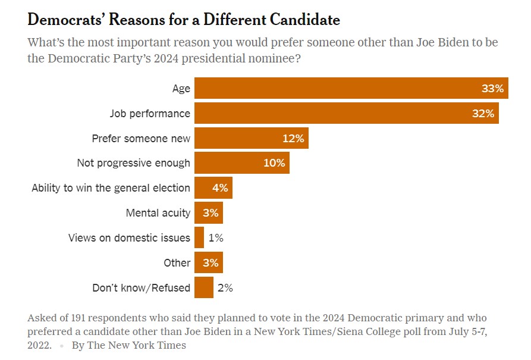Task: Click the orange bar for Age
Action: click(351, 88)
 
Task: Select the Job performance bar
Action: click(346, 113)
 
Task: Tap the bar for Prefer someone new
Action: click(251, 138)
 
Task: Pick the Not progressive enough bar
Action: click(241, 163)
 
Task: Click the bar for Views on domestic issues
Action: click(199, 238)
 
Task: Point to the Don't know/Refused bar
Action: click(204, 288)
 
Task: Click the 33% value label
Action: click(493, 89)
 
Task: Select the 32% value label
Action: click(483, 114)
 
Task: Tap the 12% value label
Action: click(293, 139)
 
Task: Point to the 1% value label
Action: click(216, 238)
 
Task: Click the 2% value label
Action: click(225, 288)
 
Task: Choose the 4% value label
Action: click(220, 188)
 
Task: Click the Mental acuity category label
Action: click(158, 213)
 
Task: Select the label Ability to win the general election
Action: click(111, 188)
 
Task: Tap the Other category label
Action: click(177, 263)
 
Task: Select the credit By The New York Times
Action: click(129, 345)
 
